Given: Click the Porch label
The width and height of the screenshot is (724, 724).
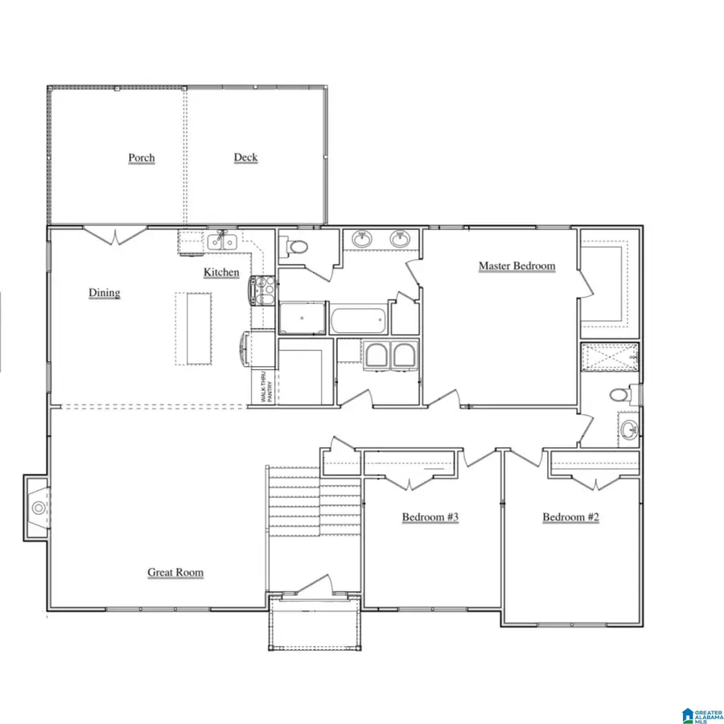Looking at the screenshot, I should coord(142,158).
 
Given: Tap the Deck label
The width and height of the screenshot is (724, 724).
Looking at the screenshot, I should coord(245,157).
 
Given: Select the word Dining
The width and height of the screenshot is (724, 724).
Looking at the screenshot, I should coord(105,293).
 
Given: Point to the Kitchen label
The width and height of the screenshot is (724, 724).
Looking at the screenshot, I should coord(221,272).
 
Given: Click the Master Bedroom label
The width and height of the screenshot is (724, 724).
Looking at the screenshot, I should coord(516,265).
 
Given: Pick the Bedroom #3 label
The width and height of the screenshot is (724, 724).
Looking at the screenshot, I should coord(430,516).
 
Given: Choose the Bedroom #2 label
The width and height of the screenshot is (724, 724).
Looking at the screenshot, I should coord(570,516).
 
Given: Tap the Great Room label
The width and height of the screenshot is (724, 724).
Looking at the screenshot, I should coord(175,573).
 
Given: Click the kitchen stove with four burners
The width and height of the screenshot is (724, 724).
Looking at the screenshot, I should coord(263,290).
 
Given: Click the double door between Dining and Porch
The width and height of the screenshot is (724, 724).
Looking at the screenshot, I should coord(116,236).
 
